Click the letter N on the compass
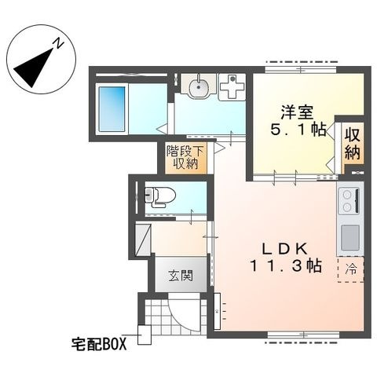tap(58, 43)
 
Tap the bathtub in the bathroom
tap(112, 108)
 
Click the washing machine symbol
tap(232, 87)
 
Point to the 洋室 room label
tap(298, 112)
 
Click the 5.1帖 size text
tap(298, 129)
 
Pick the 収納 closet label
tap(352, 143)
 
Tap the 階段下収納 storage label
tap(185, 158)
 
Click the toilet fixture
tap(159, 196)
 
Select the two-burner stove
tap(350, 201)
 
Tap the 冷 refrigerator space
tap(351, 269)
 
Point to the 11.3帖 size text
tap(287, 265)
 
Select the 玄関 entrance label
tap(181, 275)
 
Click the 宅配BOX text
tap(99, 344)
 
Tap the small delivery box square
tap(145, 335)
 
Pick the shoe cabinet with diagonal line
tap(143, 240)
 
